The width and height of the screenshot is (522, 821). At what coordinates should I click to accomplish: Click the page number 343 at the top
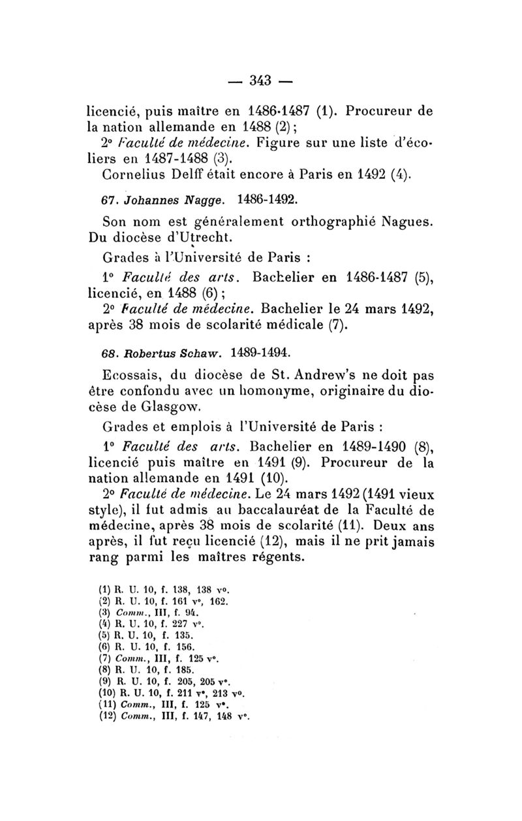pyautogui.click(x=260, y=81)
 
